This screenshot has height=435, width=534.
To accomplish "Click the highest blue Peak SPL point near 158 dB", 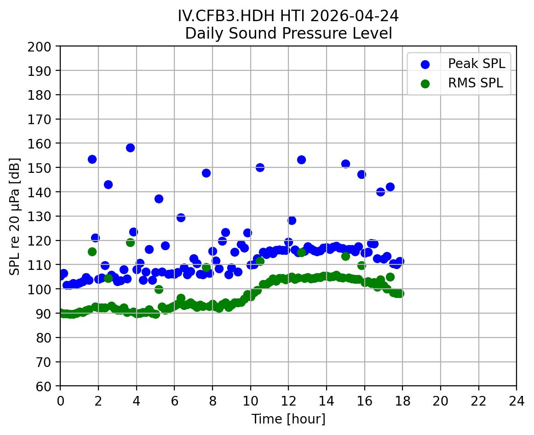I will [x=130, y=148].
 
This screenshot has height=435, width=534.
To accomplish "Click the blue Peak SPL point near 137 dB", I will [x=159, y=199].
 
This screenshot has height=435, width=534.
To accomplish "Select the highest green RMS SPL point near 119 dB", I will [x=130, y=242].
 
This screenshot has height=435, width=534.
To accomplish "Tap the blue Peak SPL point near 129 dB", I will [x=181, y=217].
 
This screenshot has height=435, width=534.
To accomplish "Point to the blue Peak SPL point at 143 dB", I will [x=108, y=184].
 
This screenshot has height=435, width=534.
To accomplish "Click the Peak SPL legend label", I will [x=477, y=64].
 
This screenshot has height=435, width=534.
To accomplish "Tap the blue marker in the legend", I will [x=425, y=64].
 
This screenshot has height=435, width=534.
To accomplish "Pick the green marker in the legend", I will [x=425, y=84].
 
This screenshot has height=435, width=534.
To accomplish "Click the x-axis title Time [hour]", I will [x=288, y=419].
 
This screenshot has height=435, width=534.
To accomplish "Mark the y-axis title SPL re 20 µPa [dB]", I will [x=15, y=216].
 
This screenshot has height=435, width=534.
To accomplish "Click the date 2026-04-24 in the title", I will [x=354, y=16].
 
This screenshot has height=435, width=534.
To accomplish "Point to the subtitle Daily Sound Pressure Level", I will [x=288, y=33].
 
